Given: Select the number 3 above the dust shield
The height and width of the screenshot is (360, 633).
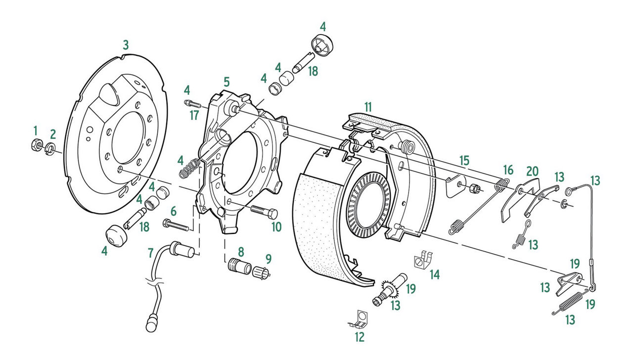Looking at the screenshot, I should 126,45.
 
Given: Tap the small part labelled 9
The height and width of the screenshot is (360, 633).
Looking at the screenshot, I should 261,271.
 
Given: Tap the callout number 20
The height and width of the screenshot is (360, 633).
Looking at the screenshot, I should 532,171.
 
